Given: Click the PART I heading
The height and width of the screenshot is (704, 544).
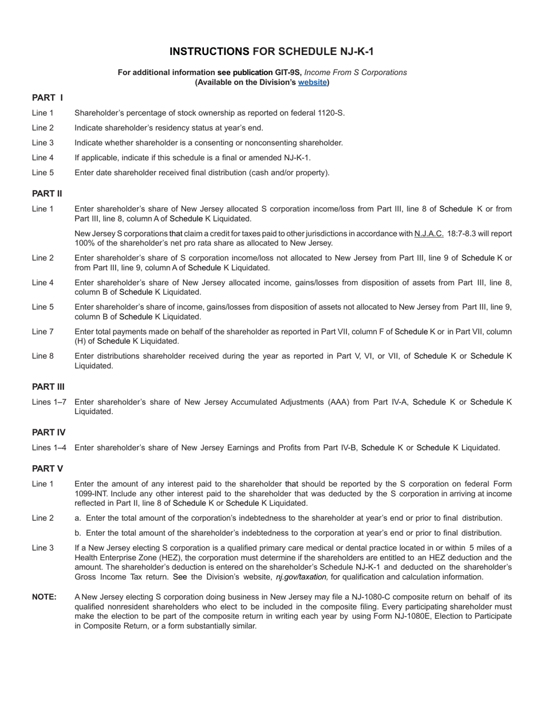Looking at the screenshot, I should [47, 98].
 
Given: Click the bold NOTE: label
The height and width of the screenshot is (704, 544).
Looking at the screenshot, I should [44, 597].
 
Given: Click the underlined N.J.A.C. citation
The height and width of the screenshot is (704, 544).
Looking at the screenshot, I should [428, 234].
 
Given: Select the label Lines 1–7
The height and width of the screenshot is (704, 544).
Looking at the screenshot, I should [49, 402].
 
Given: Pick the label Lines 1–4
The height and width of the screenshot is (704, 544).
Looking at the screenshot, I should [49, 448].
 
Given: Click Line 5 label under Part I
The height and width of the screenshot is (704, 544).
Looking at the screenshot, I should [43, 172].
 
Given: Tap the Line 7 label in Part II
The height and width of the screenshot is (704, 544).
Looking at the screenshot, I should [43, 331].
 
